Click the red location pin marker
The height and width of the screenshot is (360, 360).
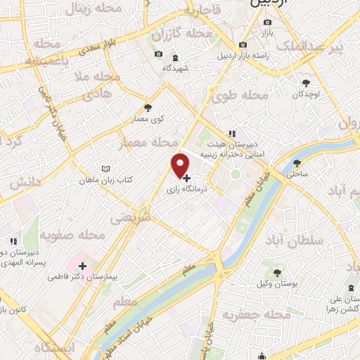click(x=181, y=165)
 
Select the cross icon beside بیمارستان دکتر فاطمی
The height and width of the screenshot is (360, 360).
click(x=83, y=266)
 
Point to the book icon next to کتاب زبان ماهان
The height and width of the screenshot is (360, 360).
click(x=105, y=169)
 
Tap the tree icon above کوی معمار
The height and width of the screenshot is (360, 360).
click(x=148, y=108)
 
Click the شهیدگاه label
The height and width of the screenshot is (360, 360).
click(x=176, y=68)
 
